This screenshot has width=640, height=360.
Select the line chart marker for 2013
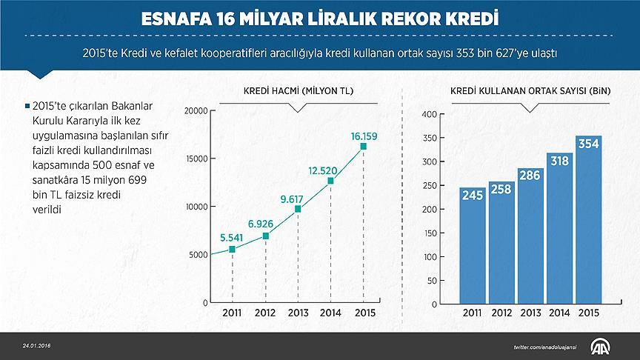pos(298,209)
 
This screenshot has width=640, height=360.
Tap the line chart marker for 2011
pos(232,249)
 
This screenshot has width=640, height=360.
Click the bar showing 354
pos(589,222)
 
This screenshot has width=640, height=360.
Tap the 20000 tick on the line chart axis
pos(196,111)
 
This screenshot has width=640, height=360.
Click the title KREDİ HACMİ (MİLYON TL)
pos(298,91)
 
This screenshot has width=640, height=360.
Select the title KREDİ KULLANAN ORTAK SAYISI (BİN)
pos(530,91)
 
